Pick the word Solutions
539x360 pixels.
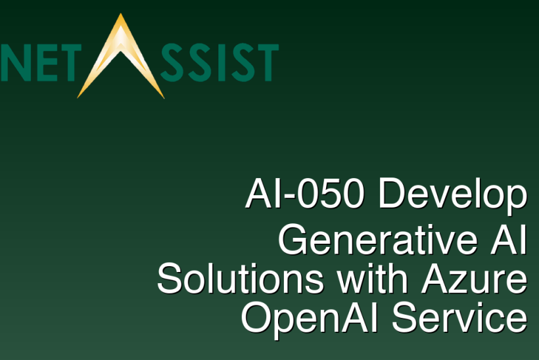tap(241, 279)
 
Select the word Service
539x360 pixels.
tap(460, 318)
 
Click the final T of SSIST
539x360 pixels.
tap(264, 62)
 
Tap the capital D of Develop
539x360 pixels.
tap(392, 194)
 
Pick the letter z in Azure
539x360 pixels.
tap(464, 281)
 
